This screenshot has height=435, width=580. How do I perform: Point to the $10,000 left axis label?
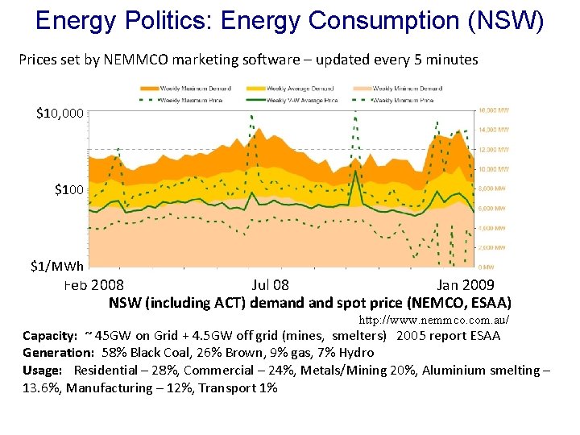pyautogui.click(x=59, y=114)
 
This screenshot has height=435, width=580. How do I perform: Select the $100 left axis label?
pyautogui.click(x=68, y=190)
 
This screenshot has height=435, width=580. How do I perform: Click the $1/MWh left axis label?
pyautogui.click(x=56, y=267)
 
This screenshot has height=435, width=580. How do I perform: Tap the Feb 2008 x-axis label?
pyautogui.click(x=93, y=284)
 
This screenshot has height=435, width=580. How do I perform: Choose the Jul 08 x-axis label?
pyautogui.click(x=270, y=284)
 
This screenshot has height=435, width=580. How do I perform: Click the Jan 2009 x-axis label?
pyautogui.click(x=466, y=284)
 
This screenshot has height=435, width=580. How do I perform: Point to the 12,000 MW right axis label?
pyautogui.click(x=494, y=149)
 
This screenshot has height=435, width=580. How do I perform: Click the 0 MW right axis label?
pyautogui.click(x=488, y=267)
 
